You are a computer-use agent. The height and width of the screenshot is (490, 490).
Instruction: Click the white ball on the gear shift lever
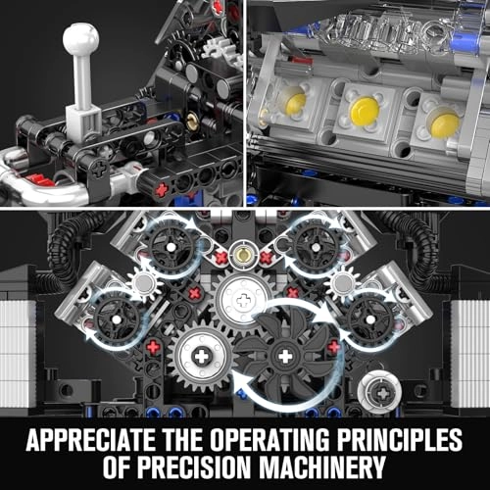tap(79, 40)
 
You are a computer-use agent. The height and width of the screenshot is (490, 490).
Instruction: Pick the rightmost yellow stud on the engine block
tap(444, 123)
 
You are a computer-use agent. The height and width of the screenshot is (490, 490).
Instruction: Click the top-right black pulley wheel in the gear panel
tap(315, 242)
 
